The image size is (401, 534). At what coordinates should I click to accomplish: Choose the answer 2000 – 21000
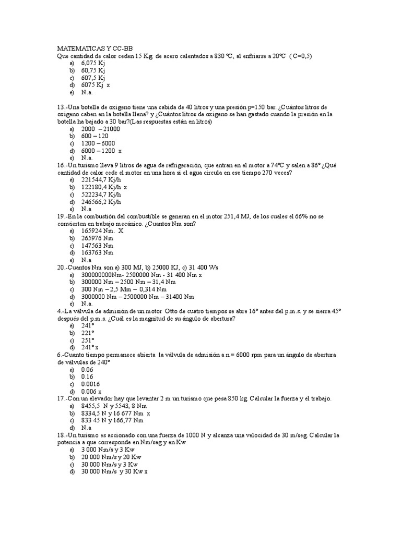coord(101,129)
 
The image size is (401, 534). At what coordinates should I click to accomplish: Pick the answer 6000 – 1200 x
coord(101,150)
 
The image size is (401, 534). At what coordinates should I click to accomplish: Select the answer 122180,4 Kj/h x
coord(104,187)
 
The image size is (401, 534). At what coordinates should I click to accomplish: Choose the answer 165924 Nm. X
coord(102,230)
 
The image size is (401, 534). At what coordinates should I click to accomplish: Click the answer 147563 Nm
coord(97,245)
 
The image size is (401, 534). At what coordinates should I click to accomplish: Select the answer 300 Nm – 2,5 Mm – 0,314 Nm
coord(124,289)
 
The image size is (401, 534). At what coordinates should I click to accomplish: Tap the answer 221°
coord(88,332)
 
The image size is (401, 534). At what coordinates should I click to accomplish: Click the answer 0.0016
coord(90,383)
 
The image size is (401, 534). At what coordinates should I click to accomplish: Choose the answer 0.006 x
coord(91,391)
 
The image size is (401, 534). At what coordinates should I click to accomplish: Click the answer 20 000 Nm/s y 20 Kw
coord(111,457)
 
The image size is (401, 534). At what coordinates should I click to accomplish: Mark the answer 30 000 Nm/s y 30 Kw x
coord(114,471)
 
